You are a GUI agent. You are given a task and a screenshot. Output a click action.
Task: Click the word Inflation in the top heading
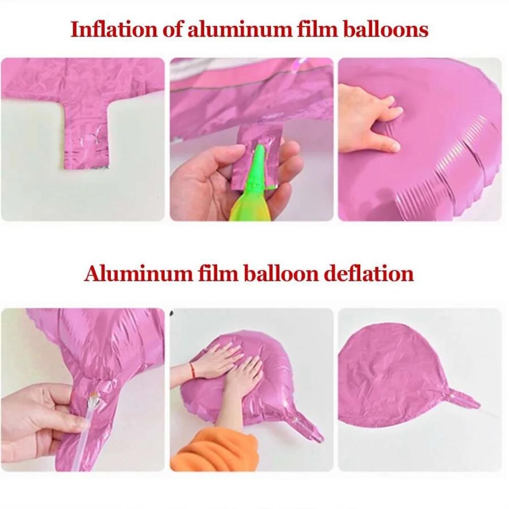tap(108, 29)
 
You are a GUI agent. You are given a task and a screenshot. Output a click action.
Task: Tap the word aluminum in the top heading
tap(234, 29)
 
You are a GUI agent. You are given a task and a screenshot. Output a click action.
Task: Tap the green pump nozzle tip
tap(260, 153)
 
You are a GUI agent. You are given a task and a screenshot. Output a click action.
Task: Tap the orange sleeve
tap(204, 448)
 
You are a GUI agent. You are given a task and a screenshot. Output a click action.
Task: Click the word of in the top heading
tap(169, 29)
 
